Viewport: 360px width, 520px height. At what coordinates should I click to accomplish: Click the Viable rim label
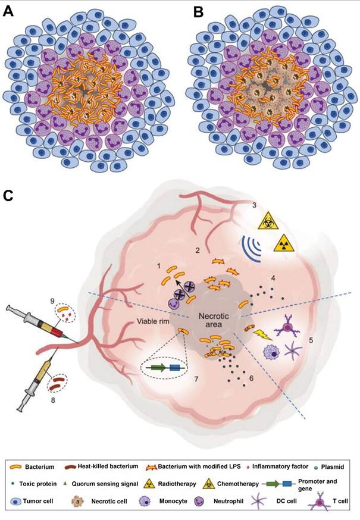coord(152,326)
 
